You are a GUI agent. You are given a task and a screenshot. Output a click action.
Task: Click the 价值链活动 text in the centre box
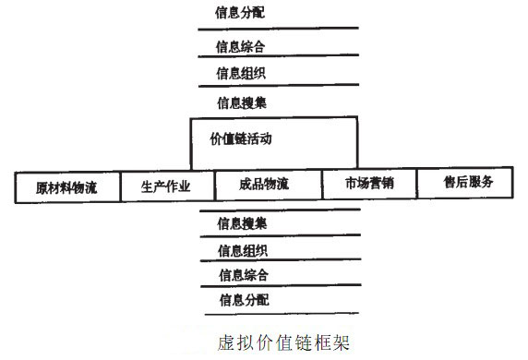[242, 139]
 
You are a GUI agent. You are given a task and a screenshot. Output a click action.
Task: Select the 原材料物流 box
[68, 187]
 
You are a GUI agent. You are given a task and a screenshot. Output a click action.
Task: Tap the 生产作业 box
[166, 186]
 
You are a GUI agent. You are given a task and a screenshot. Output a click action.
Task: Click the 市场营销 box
[369, 183]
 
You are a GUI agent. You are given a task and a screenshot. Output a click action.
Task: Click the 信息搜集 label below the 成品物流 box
[243, 223]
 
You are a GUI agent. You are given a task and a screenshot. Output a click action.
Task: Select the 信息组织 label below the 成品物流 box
[243, 250]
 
